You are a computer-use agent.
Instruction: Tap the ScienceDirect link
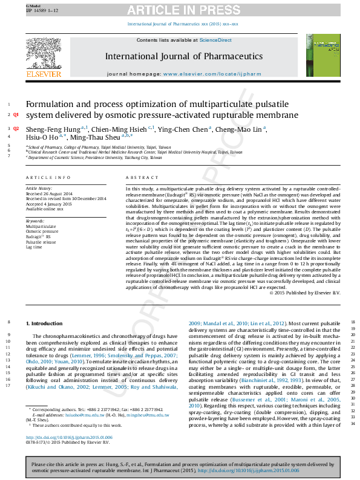(216, 40)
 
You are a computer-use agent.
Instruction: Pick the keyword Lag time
(34, 247)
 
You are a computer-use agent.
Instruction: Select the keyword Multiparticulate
(40, 226)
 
